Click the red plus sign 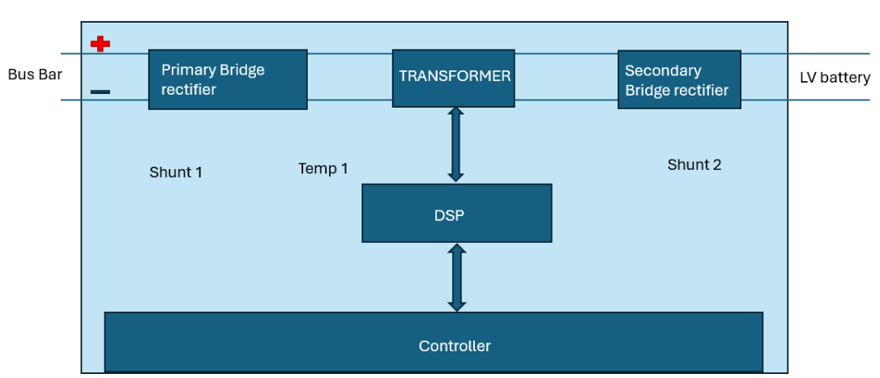[100, 44]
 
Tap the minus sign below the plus [100, 91]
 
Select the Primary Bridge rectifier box [228, 79]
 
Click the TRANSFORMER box [454, 78]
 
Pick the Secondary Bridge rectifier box [679, 80]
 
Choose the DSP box [456, 213]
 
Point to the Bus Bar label [35, 75]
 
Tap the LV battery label [834, 78]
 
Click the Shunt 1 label [176, 172]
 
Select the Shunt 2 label [694, 165]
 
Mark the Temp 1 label [323, 168]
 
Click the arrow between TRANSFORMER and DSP [455, 144]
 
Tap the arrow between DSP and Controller [457, 277]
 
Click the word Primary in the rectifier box [188, 70]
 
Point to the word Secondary [663, 71]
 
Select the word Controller [455, 346]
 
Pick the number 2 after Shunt [716, 165]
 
